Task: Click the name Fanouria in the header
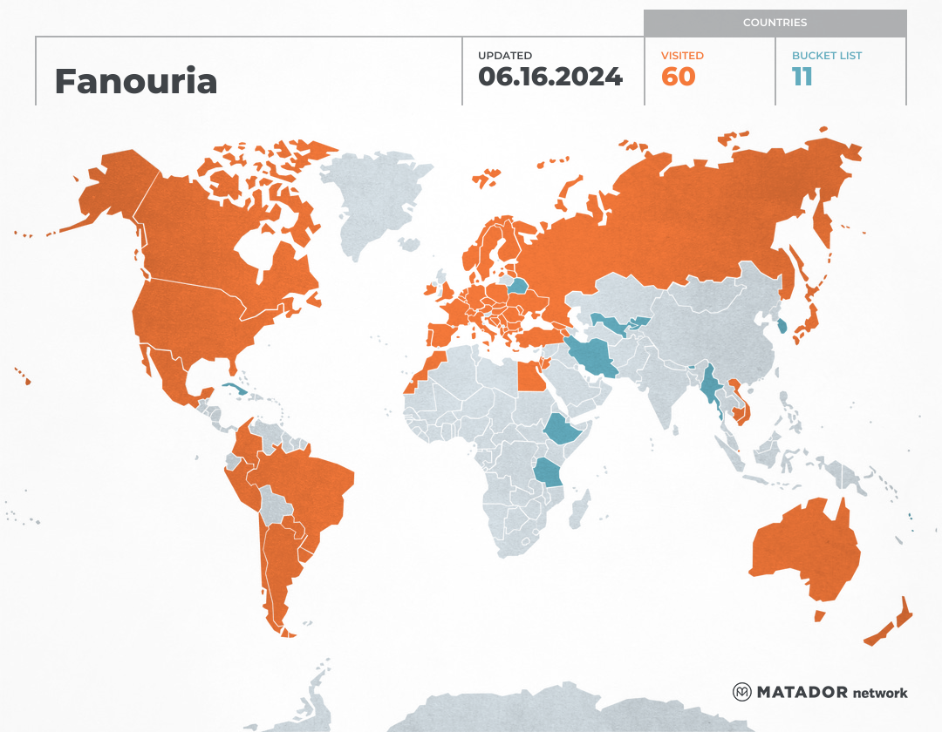pyautogui.click(x=135, y=81)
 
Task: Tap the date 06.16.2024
pyautogui.click(x=549, y=77)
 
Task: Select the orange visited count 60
pyautogui.click(x=679, y=77)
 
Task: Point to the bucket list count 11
pyautogui.click(x=802, y=77)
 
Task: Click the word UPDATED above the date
pyautogui.click(x=504, y=56)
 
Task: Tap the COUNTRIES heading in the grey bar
pyautogui.click(x=775, y=23)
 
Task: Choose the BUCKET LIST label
pyautogui.click(x=827, y=56)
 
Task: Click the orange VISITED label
pyautogui.click(x=682, y=56)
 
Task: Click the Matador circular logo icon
pyautogui.click(x=742, y=692)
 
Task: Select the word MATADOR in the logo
pyautogui.click(x=802, y=692)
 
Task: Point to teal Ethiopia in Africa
pyautogui.click(x=565, y=429)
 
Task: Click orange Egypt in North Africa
pyautogui.click(x=529, y=377)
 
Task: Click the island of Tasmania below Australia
pyautogui.click(x=819, y=615)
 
